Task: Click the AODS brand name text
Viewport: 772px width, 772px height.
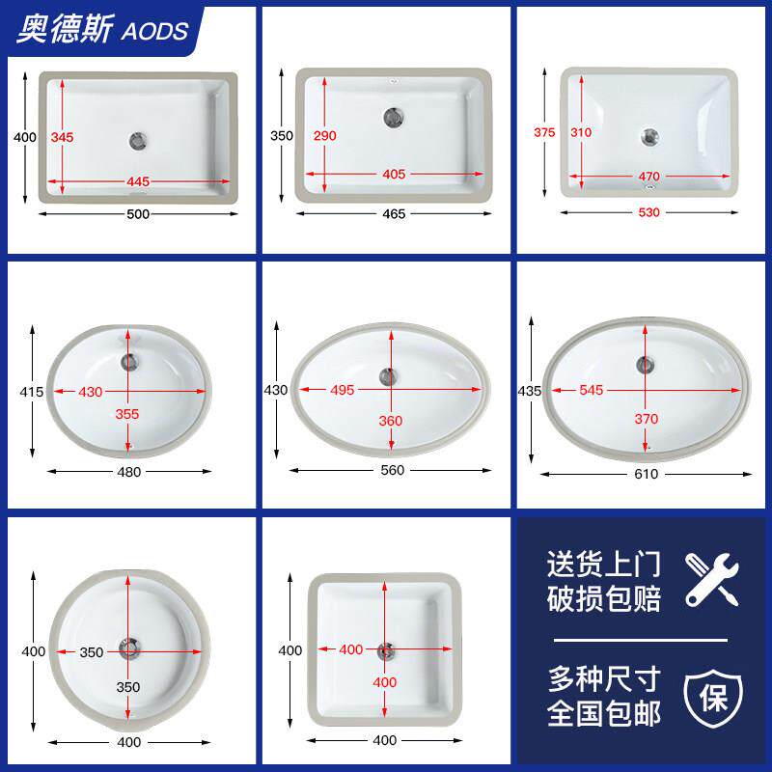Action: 154,31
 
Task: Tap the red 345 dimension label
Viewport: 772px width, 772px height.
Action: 62,137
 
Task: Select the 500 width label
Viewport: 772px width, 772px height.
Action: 138,214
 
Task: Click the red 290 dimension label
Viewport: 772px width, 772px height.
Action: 325,136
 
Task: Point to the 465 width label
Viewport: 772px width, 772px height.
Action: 394,214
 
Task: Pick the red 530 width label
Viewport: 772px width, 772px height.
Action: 648,212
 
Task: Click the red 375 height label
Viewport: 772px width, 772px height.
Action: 544,132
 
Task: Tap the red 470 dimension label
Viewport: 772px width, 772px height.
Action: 648,177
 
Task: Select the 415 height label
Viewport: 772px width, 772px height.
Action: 32,392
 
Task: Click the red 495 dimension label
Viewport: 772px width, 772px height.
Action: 343,391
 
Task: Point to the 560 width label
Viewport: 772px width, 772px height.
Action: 393,470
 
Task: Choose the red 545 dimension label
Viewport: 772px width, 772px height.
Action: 592,391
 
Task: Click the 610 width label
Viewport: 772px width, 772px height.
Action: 646,474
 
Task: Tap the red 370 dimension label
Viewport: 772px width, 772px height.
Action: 646,419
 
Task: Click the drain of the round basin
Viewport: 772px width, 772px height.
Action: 129,648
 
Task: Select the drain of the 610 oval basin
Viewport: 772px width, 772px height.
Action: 645,365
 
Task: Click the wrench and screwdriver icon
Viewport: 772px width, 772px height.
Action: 712,580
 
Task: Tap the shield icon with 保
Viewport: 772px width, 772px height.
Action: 713,698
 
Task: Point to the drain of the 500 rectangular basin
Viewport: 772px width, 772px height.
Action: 138,141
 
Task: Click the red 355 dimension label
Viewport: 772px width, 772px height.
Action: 127,414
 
